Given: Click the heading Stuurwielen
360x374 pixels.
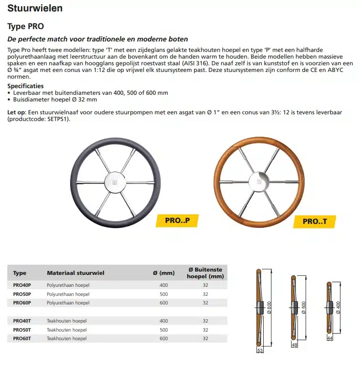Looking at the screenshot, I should [35, 9].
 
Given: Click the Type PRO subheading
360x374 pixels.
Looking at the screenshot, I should [26, 27].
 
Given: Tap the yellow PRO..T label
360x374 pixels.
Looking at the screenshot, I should [318, 221].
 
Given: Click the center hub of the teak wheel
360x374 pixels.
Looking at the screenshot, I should [259, 182].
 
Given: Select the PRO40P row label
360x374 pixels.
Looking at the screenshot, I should [22, 285].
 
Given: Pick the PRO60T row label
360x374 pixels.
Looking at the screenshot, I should [22, 338].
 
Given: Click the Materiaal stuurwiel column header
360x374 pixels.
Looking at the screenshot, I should [75, 273].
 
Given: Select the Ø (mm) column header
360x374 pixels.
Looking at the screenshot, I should [164, 273].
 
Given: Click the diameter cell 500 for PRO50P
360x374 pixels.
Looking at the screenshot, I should [164, 294].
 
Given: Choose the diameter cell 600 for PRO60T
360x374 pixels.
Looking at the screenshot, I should [164, 338].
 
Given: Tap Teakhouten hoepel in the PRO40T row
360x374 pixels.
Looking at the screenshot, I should [67, 321].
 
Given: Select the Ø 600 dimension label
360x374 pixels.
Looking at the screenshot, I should [270, 311].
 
